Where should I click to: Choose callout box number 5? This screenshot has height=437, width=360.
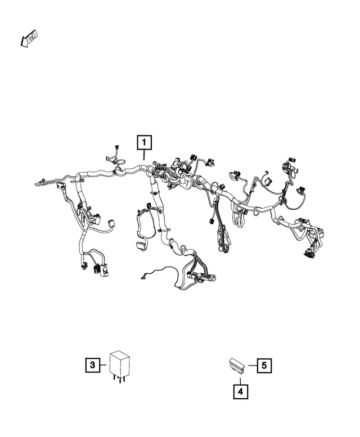tap(264, 365)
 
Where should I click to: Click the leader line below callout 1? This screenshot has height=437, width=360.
tap(145, 156)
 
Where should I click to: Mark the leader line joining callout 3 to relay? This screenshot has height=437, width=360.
tap(105, 365)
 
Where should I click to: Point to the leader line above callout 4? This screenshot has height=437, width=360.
tap(240, 377)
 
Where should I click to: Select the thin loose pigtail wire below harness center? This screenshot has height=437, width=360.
tap(157, 271)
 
